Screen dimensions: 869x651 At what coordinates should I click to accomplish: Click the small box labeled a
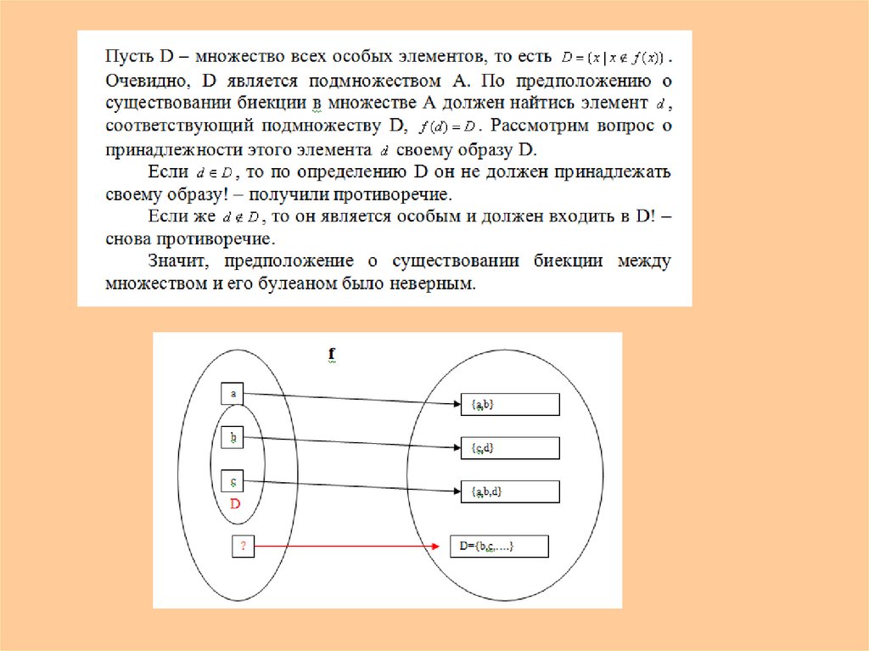pyautogui.click(x=232, y=393)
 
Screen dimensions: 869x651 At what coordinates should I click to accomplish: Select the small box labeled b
pyautogui.click(x=232, y=438)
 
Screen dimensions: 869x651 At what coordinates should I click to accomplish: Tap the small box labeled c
pyautogui.click(x=232, y=481)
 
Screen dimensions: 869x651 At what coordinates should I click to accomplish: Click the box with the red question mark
pyautogui.click(x=243, y=547)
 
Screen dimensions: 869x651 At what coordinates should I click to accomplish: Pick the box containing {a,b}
pyautogui.click(x=509, y=404)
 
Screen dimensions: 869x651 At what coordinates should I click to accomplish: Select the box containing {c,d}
pyautogui.click(x=509, y=447)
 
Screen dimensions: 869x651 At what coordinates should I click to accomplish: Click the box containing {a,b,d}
pyautogui.click(x=509, y=491)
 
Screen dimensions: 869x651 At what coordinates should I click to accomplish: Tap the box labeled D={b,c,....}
pyautogui.click(x=499, y=547)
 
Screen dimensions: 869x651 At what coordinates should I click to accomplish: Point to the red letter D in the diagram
pyautogui.click(x=236, y=504)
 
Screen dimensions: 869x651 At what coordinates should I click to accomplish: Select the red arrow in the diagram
pyautogui.click(x=348, y=547)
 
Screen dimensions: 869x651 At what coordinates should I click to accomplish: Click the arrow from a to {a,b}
pyautogui.click(x=348, y=399)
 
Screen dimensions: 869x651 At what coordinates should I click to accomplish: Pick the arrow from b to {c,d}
pyautogui.click(x=348, y=442)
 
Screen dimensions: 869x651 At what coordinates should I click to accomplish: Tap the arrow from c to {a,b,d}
pyautogui.click(x=348, y=486)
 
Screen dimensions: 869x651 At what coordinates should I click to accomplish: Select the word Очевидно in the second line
pyautogui.click(x=141, y=81)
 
